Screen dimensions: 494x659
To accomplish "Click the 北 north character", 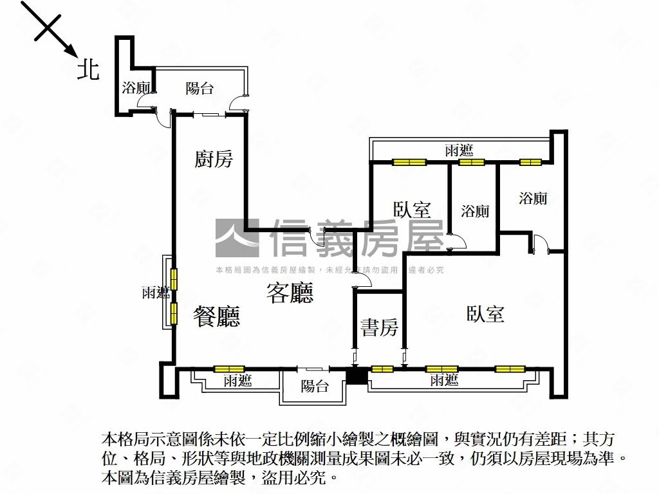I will coord(89,69).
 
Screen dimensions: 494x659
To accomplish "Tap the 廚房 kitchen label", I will coord(214,159).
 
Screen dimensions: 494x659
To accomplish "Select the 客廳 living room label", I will coord(290,293).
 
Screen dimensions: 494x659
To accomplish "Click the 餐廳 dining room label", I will coord(217,316).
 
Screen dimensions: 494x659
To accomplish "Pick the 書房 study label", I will coord(379,328).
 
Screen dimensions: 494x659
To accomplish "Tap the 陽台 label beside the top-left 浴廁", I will coord(200,89).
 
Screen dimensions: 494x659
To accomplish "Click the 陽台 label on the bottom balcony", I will coord(315,386).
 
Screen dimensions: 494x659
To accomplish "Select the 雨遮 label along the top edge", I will coord(459,151).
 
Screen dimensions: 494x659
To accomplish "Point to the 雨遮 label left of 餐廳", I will coord(155,293).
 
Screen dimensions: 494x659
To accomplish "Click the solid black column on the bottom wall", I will coord(355,376).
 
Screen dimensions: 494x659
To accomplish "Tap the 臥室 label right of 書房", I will coord(485,314).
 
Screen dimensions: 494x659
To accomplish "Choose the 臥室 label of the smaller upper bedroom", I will coord(412,210).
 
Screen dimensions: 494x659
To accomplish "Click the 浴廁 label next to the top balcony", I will coord(136,88).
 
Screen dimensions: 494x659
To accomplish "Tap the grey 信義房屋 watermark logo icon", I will coord(236,237).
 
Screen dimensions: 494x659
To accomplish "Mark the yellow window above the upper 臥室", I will coord(410,162).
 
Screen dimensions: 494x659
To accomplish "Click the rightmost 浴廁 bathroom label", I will coord(533,198).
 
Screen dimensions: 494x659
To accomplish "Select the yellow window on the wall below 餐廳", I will coord(229,369).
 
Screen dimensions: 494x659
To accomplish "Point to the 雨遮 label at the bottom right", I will coord(444,380).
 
